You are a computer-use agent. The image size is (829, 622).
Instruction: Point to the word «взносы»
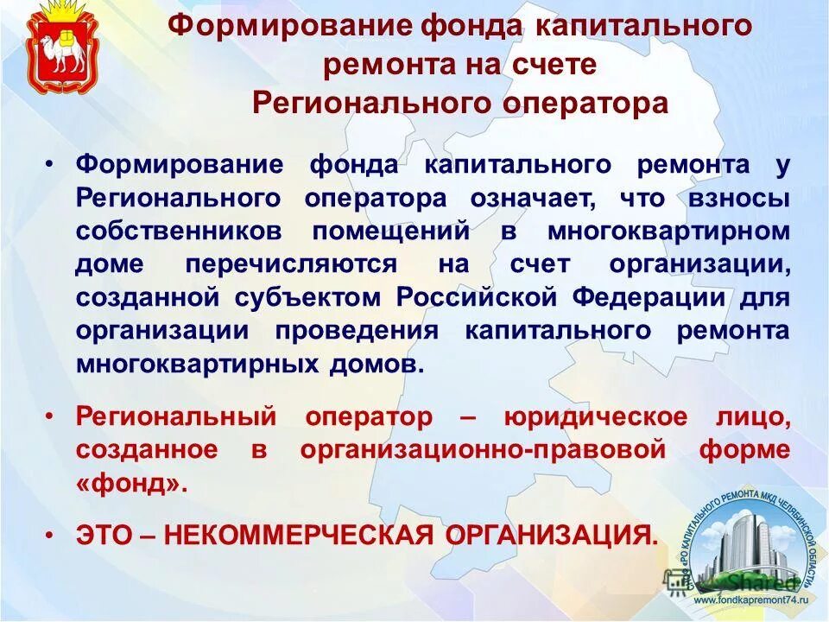click(x=739, y=198)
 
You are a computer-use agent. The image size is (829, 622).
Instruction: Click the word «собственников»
click(x=186, y=232)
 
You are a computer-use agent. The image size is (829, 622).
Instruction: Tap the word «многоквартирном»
click(x=668, y=232)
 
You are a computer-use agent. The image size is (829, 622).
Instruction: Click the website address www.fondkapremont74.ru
click(x=749, y=600)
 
